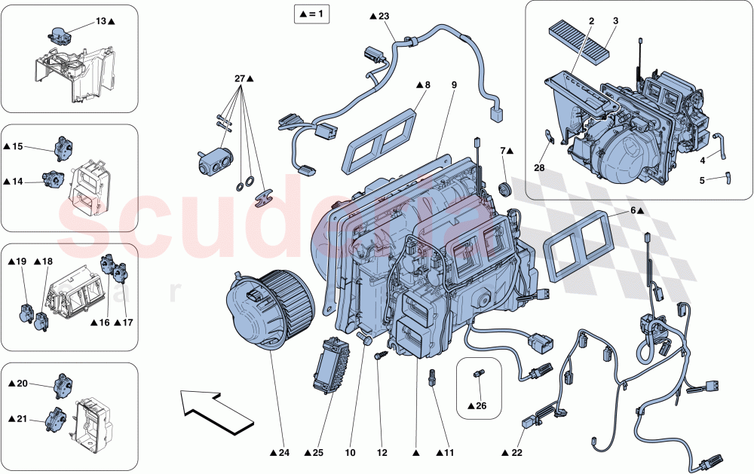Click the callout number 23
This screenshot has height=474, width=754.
tap(385, 17)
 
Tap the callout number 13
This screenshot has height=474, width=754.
tap(102, 20)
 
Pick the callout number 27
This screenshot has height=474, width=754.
tap(241, 78)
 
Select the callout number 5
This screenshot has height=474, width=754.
tap(702, 181)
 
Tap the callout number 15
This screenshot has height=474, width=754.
tap(18, 145)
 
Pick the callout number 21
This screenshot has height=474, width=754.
tap(23, 419)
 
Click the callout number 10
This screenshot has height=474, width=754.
tap(351, 453)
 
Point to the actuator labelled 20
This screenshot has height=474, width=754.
tap(62, 385)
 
